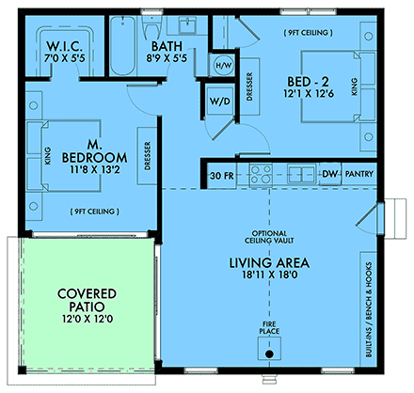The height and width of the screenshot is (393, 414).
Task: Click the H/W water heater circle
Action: coord(224,66)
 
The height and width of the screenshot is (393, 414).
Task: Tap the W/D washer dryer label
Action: coord(220,102)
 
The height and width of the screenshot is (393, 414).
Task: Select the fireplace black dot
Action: coord(269,354)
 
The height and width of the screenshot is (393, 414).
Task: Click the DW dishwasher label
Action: coord(329,174)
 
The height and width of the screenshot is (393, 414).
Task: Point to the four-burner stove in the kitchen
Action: coord(261,175)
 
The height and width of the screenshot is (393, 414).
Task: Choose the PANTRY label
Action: coord(359,174)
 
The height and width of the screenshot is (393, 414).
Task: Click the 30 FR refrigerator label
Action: coord(222,176)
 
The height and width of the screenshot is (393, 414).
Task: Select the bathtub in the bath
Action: coord(122,46)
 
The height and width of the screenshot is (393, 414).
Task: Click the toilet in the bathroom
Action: coord(151,26)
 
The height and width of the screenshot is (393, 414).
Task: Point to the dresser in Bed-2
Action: coord(249,86)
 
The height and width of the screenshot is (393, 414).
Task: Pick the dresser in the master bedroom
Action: coord(147,156)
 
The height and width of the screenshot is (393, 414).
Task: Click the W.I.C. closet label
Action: coord(65,46)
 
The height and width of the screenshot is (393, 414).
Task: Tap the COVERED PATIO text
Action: coord(87,300)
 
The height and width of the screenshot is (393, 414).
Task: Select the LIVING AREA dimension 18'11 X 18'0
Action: coord(270,275)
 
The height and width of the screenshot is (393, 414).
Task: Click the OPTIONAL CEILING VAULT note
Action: coord(269,237)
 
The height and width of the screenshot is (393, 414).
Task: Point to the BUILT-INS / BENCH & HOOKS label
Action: coord(369,309)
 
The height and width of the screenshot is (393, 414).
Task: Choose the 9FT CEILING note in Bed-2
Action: coord(309,33)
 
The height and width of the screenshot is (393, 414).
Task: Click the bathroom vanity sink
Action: coord(187,25)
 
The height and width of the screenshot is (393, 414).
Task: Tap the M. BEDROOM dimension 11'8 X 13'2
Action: coord(94,169)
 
